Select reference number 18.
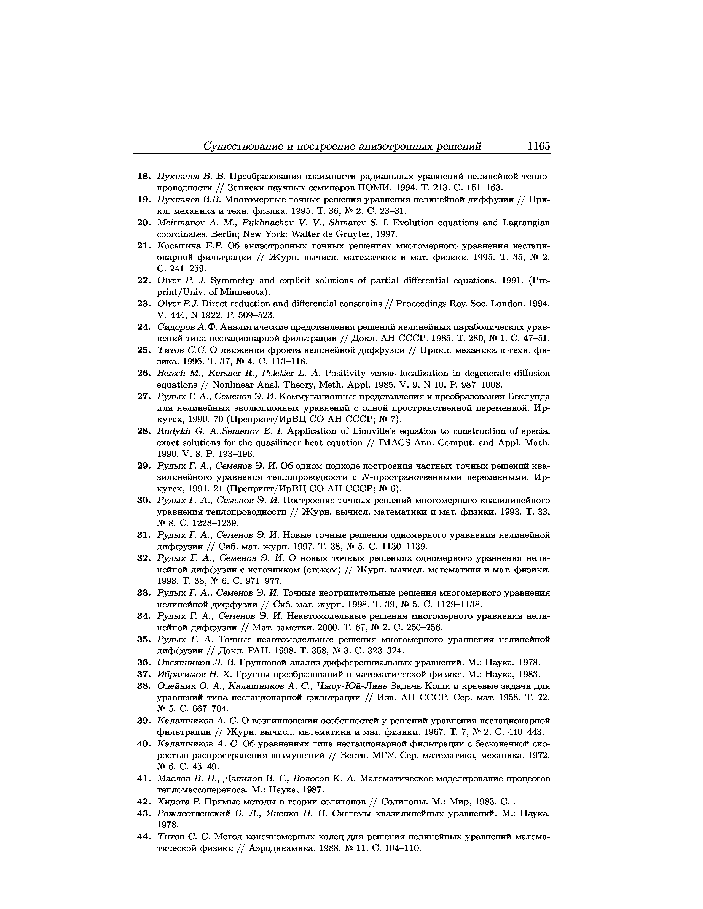click(x=144, y=177)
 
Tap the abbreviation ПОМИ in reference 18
click(x=364, y=188)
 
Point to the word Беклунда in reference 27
click(x=528, y=396)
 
